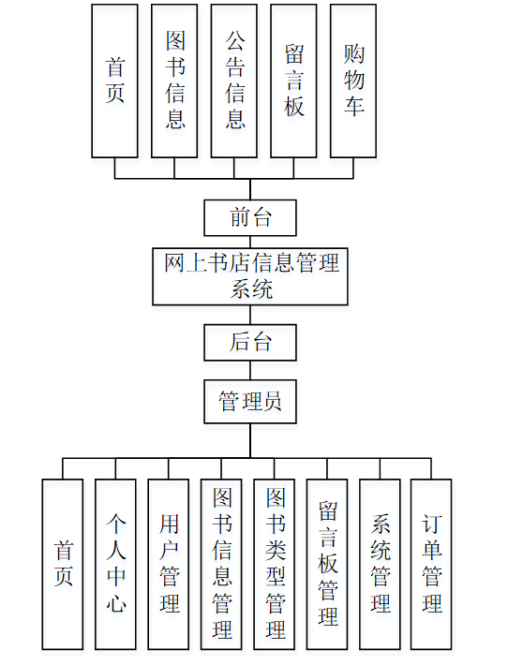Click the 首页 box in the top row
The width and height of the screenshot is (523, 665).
(114, 81)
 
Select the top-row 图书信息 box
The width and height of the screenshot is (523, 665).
(174, 81)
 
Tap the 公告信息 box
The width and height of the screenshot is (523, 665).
(234, 81)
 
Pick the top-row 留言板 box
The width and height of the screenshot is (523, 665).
(294, 81)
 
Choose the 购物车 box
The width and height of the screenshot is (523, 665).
(353, 81)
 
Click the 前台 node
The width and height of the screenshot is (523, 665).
(250, 217)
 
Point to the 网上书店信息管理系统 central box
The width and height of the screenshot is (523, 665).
(250, 275)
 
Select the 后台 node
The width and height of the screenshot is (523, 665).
(250, 342)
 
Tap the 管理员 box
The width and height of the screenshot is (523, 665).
(250, 402)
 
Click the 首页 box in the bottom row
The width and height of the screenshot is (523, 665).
(63, 564)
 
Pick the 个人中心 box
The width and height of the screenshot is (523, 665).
(115, 564)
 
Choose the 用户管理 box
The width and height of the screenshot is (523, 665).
(169, 564)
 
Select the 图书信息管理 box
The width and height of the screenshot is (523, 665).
(222, 564)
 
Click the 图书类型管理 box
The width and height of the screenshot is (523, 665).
(275, 564)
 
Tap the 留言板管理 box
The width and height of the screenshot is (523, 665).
(328, 564)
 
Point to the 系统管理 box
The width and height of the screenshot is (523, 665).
(381, 564)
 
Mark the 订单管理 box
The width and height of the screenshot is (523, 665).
(431, 564)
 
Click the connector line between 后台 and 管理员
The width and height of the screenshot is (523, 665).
(250, 370)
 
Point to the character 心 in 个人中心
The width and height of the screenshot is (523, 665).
(115, 604)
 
